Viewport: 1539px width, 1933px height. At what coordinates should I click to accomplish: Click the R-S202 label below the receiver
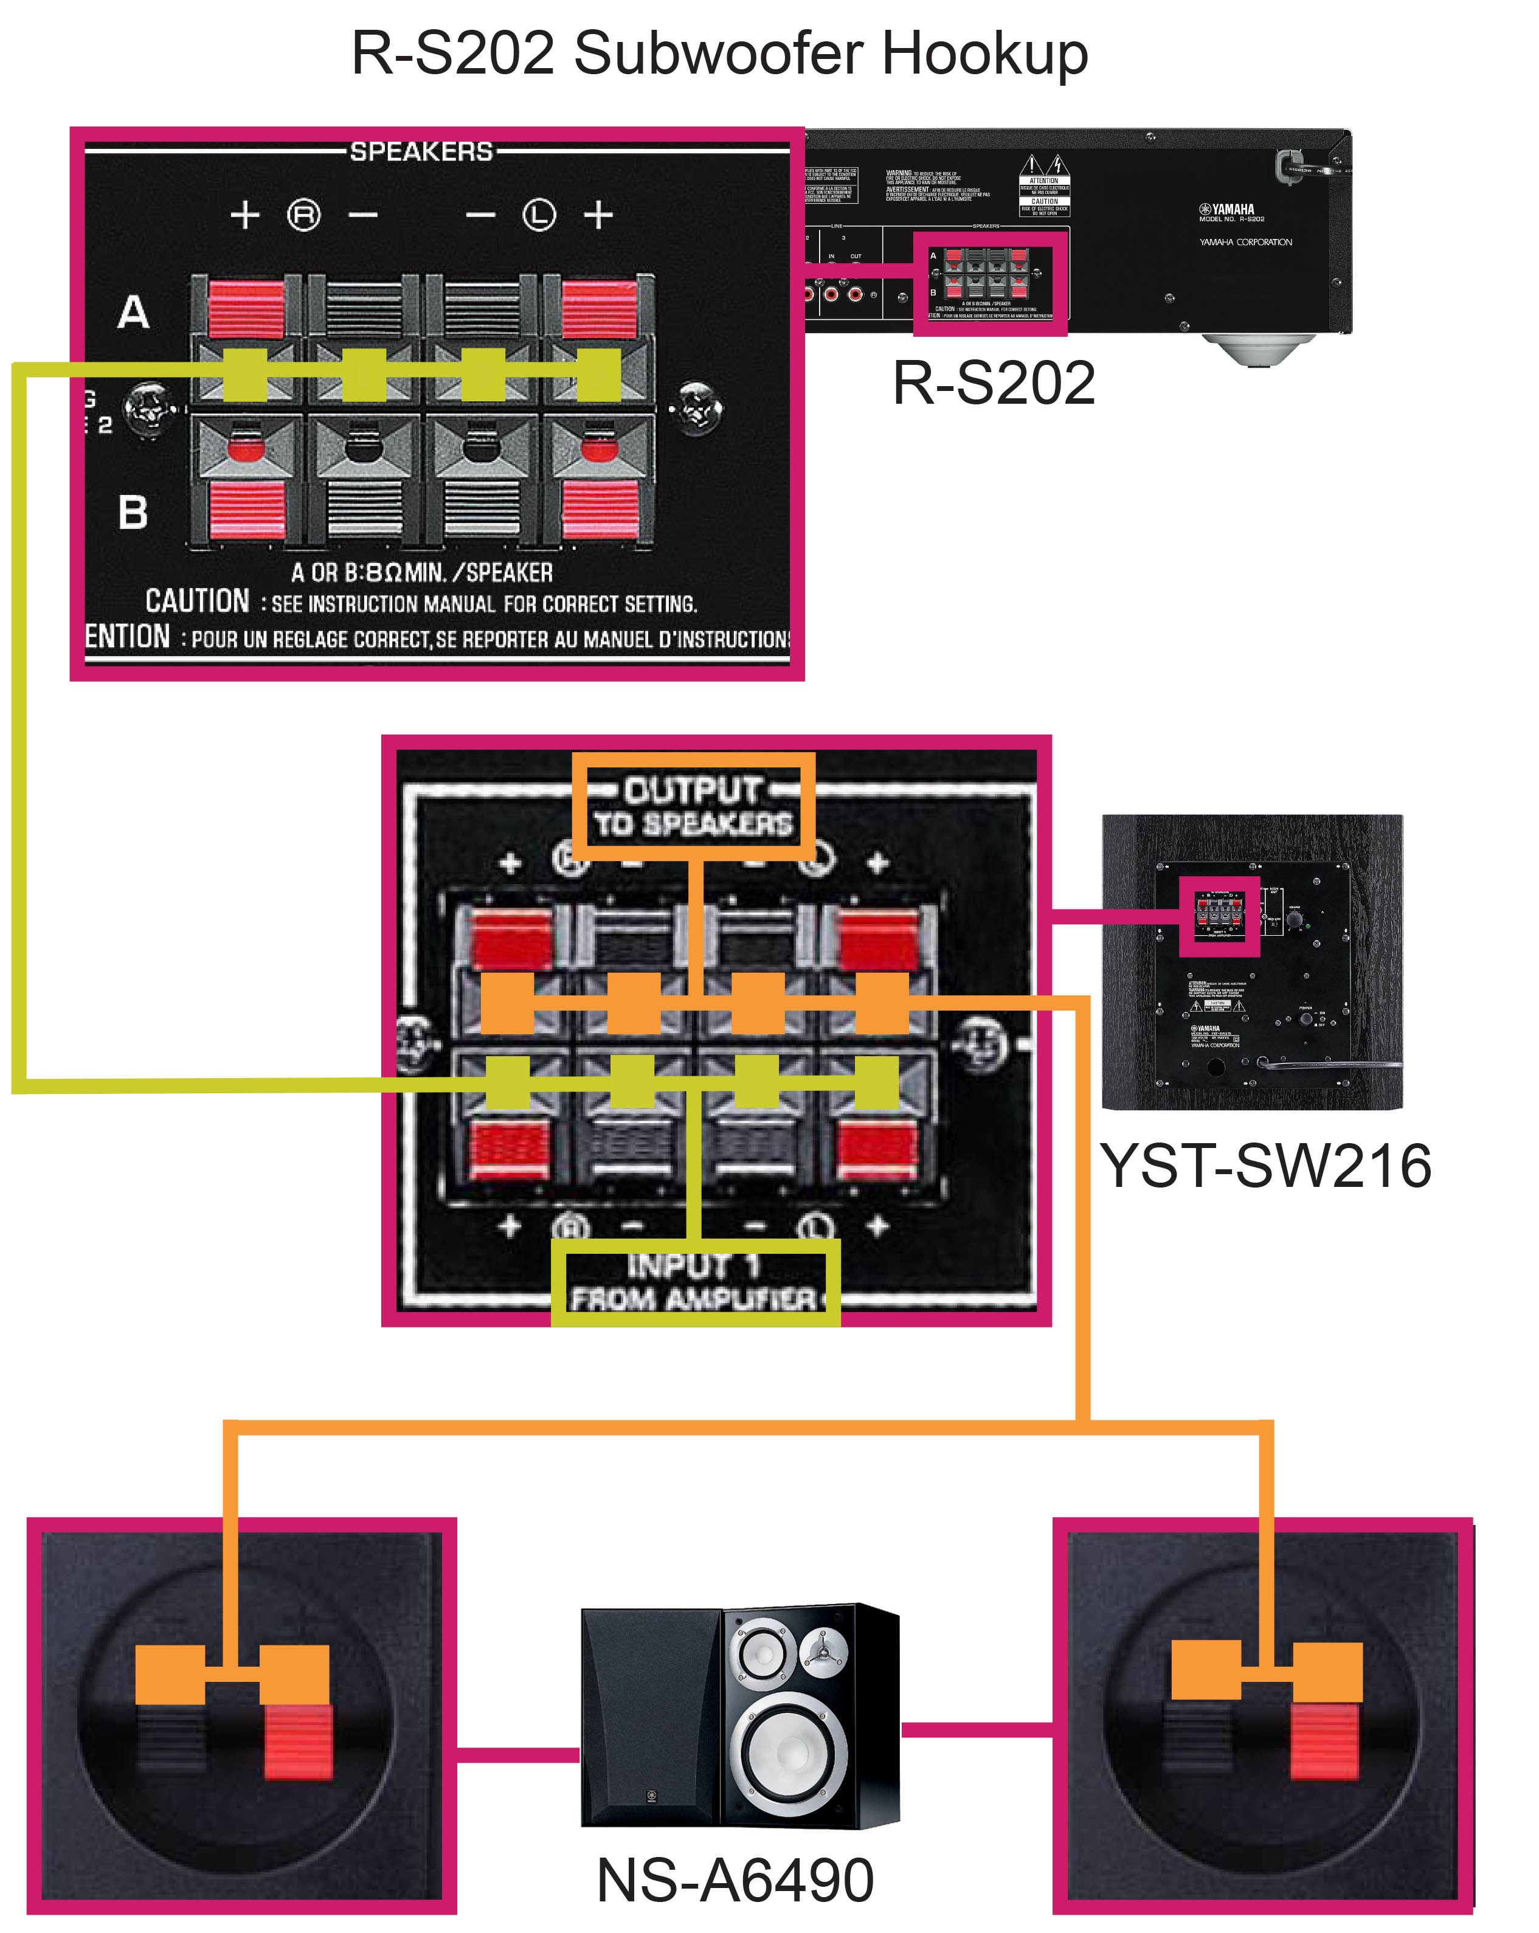[x=993, y=383]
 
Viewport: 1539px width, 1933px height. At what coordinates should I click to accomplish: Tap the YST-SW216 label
[x=1265, y=1166]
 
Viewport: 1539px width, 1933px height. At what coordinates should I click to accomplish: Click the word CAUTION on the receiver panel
[x=197, y=601]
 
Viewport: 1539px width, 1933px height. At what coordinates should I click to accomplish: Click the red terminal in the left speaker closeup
[x=299, y=1741]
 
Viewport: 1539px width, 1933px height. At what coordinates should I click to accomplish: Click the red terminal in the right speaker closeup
[x=1325, y=1741]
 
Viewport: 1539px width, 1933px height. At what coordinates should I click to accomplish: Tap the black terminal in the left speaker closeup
[x=170, y=1740]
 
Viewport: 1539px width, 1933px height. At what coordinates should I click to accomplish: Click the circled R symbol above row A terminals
[x=303, y=215]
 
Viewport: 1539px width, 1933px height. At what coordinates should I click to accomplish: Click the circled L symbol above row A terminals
[x=539, y=215]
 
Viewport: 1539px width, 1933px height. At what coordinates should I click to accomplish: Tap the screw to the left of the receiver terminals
[x=146, y=408]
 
